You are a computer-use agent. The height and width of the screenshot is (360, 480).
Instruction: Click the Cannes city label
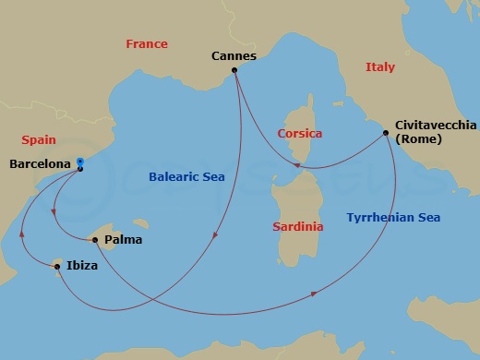(234, 55)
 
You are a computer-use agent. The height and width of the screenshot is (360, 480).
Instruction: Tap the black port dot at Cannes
(235, 70)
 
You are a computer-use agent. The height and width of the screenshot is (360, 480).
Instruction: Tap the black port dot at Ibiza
(58, 268)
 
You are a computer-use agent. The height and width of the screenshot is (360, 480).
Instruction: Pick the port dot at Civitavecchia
(385, 134)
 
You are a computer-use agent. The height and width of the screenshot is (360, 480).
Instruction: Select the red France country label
(146, 44)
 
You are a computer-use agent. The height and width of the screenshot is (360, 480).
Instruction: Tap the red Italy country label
(379, 67)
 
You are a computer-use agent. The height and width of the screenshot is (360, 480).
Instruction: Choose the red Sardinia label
(297, 226)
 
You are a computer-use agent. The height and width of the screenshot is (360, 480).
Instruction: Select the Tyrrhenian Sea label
(393, 218)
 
